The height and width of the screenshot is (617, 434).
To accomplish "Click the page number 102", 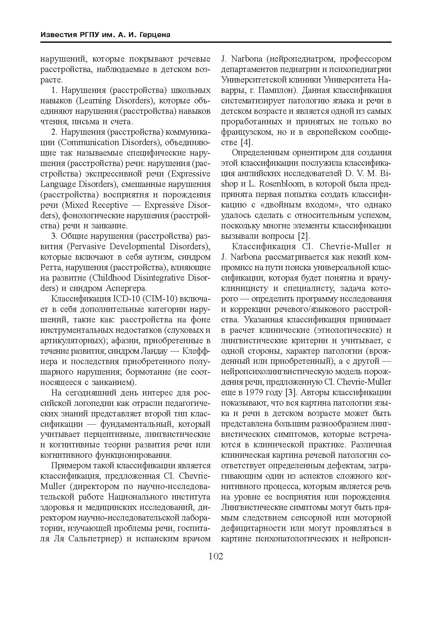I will point(216,556).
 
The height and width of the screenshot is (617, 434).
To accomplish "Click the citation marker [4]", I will point(246,142).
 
